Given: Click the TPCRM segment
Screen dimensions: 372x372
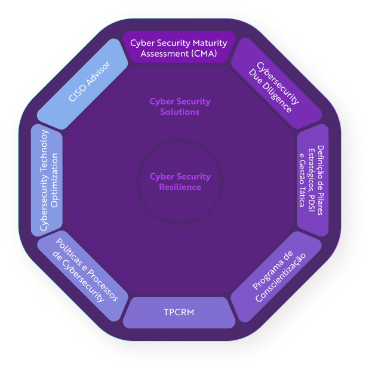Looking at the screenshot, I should [x=179, y=312].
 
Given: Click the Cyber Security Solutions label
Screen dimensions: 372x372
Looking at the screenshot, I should [x=180, y=106].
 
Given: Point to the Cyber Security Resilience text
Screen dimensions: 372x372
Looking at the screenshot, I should [x=180, y=182].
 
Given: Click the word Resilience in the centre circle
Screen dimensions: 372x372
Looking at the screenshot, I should [x=180, y=187].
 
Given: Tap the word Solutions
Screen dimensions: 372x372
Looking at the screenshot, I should [x=180, y=112].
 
